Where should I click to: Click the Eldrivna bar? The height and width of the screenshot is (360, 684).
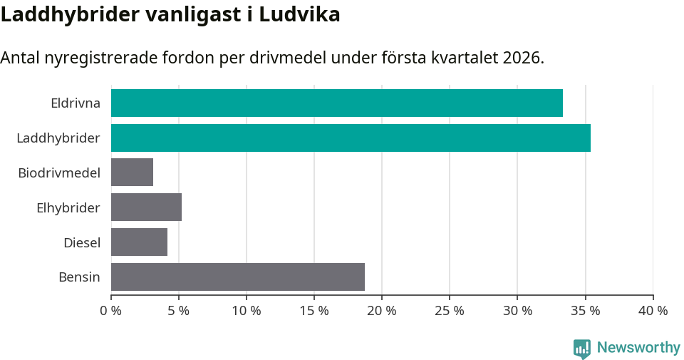pyautogui.click(x=336, y=103)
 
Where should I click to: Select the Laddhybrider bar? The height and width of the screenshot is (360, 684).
pyautogui.click(x=351, y=138)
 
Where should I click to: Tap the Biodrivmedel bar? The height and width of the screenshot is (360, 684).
pyautogui.click(x=132, y=173)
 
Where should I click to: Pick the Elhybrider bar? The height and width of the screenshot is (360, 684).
pyautogui.click(x=146, y=207)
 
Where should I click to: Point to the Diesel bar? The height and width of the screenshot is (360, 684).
pyautogui.click(x=139, y=242)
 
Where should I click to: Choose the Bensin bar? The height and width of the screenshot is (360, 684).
pyautogui.click(x=237, y=277)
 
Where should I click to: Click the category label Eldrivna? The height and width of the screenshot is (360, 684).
pyautogui.click(x=76, y=103)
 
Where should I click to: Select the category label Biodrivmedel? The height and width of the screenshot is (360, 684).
pyautogui.click(x=59, y=173)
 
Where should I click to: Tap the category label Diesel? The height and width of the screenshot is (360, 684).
pyautogui.click(x=82, y=242)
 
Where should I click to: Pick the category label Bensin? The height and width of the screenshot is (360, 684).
pyautogui.click(x=79, y=277)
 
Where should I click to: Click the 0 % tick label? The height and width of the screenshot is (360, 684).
pyautogui.click(x=111, y=311)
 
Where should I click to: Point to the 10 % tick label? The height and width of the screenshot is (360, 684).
pyautogui.click(x=247, y=311)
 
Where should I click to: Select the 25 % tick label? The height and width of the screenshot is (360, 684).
pyautogui.click(x=450, y=311)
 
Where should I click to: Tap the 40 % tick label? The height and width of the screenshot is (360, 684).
pyautogui.click(x=653, y=311)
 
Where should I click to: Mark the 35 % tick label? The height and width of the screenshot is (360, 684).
pyautogui.click(x=585, y=311)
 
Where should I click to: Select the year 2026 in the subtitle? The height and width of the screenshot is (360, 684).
pyautogui.click(x=520, y=58)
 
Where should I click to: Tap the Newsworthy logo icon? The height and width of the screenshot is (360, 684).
pyautogui.click(x=582, y=348)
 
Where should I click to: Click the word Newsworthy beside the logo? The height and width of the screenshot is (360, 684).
pyautogui.click(x=638, y=348)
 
